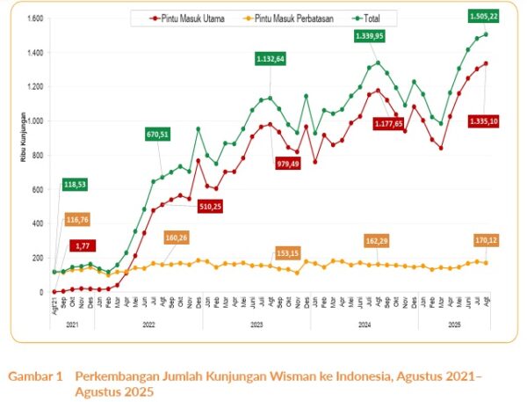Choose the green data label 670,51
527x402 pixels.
[x=164, y=135]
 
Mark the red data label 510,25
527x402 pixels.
[x=209, y=208]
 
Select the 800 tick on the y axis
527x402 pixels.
[x=39, y=155]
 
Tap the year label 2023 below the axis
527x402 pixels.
[x=257, y=324]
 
